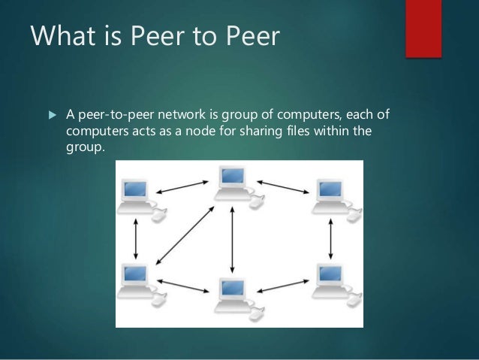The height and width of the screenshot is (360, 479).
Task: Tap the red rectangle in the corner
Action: tap(423, 28)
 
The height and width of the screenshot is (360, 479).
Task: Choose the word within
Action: tap(349, 132)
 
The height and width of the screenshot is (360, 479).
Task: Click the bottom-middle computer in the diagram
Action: tap(233, 295)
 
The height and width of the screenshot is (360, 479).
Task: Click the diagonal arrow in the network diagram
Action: tap(185, 241)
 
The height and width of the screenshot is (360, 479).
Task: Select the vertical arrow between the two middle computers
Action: tap(233, 241)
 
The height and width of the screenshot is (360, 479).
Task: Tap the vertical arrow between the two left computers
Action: tap(134, 241)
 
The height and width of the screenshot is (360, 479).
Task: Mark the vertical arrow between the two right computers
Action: tap(332, 241)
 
